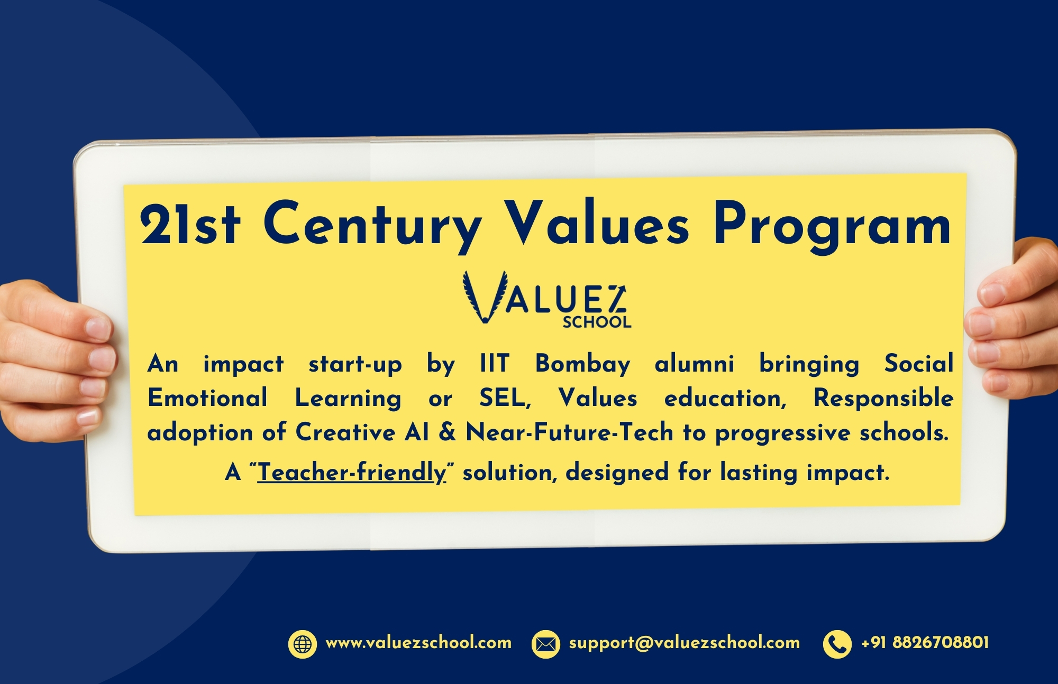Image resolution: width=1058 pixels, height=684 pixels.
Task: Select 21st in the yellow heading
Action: coord(190,224)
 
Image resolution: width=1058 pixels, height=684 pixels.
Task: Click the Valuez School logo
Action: coord(546,299)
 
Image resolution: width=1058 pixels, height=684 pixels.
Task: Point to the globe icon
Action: coord(303,644)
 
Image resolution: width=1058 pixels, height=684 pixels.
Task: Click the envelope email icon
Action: coord(545,644)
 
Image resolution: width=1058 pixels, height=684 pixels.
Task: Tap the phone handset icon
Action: coord(837,644)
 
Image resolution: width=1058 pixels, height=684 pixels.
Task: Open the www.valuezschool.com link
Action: coord(418,643)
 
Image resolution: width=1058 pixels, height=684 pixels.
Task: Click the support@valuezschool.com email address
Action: coord(685,643)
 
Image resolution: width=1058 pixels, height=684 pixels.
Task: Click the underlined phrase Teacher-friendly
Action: coord(352,472)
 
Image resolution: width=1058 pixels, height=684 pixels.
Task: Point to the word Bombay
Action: coord(583,364)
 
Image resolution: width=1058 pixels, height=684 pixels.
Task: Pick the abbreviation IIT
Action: coord(494,364)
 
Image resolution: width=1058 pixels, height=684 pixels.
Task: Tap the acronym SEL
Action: coord(505,399)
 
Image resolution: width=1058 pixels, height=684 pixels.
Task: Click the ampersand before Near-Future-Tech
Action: coord(447,432)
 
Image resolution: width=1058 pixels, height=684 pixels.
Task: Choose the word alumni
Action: coord(695,364)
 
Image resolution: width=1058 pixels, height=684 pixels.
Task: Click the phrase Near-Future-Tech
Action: coord(569,432)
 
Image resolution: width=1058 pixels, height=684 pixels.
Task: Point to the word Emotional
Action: coord(207,398)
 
